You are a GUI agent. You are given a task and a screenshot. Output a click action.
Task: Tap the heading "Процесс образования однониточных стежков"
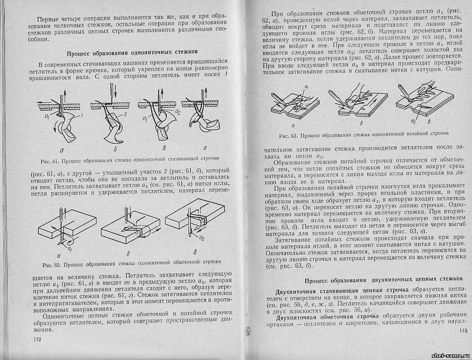tap(132, 54)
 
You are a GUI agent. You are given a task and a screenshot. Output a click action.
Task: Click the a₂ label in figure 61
tap(178, 112)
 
